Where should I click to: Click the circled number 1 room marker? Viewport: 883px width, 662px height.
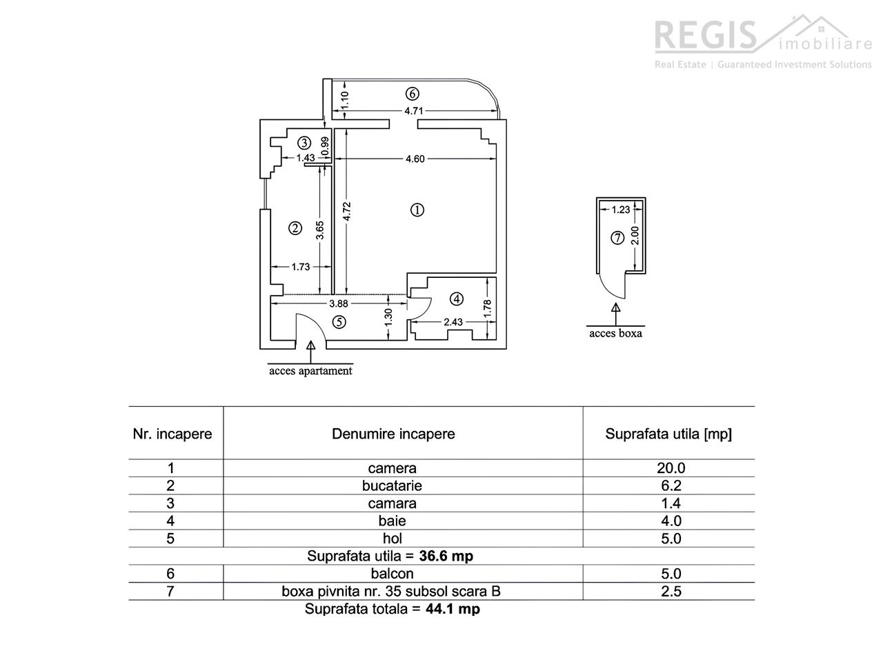417,210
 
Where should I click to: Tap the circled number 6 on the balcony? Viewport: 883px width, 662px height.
413,93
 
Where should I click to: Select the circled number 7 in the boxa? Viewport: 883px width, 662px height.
618,238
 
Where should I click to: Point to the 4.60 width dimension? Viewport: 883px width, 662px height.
415,159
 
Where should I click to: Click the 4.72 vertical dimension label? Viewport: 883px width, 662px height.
347,210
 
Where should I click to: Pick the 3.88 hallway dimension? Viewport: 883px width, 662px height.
338,303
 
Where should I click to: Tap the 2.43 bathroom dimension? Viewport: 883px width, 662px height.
453,321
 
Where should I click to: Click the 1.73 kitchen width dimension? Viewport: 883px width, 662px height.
301,267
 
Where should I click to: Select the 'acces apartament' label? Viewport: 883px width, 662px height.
310,371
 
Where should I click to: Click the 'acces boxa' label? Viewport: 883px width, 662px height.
615,334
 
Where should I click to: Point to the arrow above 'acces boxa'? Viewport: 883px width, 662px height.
615,312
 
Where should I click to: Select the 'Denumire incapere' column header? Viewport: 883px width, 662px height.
393,434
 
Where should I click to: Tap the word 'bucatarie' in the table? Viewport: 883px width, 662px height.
392,485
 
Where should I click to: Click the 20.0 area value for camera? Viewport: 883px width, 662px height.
671,468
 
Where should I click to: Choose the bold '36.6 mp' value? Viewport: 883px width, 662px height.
446,556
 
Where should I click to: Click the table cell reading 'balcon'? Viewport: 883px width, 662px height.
392,574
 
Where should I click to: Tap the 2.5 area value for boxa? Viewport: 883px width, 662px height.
671,591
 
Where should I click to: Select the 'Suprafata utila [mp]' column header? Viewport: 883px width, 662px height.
668,434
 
